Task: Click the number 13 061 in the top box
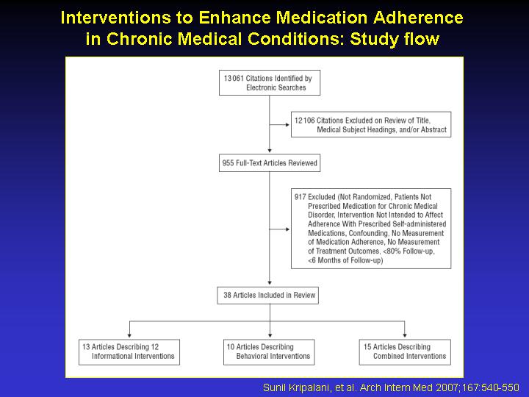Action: [234, 79]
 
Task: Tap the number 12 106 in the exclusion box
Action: [305, 121]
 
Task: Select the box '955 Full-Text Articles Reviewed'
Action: [270, 163]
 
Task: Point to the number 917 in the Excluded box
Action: [300, 197]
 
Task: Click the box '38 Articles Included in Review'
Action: [268, 296]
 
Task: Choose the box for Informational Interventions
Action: [129, 352]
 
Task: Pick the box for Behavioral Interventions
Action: [269, 352]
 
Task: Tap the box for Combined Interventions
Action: [405, 352]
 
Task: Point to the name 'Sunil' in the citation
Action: [273, 387]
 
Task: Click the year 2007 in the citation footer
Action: [447, 387]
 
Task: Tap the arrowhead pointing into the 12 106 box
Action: [287, 125]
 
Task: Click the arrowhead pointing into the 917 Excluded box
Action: [287, 229]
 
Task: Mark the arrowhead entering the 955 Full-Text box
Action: [270, 151]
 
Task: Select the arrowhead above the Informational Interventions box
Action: [129, 335]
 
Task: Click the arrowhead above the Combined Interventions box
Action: [405, 335]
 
